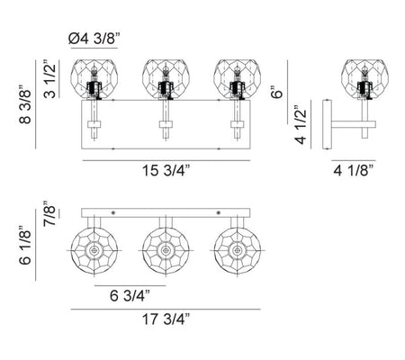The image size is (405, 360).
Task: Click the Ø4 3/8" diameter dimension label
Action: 94,39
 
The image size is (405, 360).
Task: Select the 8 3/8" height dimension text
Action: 25,104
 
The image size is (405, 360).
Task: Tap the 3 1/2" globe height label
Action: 49,81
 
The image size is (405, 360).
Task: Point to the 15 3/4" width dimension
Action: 166,171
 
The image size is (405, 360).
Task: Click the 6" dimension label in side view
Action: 277,92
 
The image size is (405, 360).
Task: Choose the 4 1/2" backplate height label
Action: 301,125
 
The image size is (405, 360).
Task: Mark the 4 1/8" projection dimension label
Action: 354,171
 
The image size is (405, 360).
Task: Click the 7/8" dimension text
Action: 49,213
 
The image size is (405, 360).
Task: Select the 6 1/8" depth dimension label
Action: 25,245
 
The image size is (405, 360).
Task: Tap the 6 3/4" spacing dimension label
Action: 130,296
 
